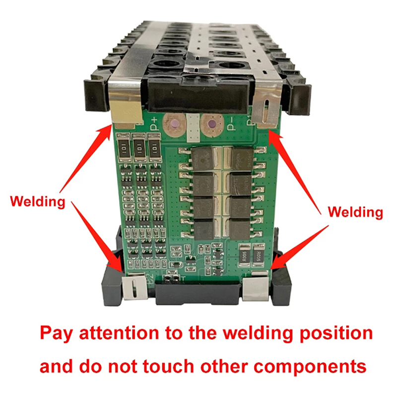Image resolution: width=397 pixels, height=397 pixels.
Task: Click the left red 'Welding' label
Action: tap(38, 201)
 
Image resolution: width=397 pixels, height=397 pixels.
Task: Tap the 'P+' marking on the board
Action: tap(151, 123)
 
